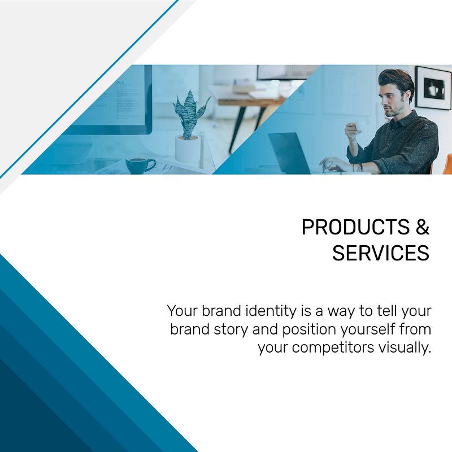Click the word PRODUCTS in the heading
pos(355,227)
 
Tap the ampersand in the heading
pos(423,227)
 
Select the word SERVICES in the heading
pos(381,253)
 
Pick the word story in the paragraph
pos(231,330)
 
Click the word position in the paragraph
pos(309,330)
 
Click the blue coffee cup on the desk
pos(138,164)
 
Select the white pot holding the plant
pos(187,148)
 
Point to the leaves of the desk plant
pos(190,114)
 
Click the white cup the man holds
pos(360,126)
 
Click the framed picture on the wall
pos(433,88)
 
